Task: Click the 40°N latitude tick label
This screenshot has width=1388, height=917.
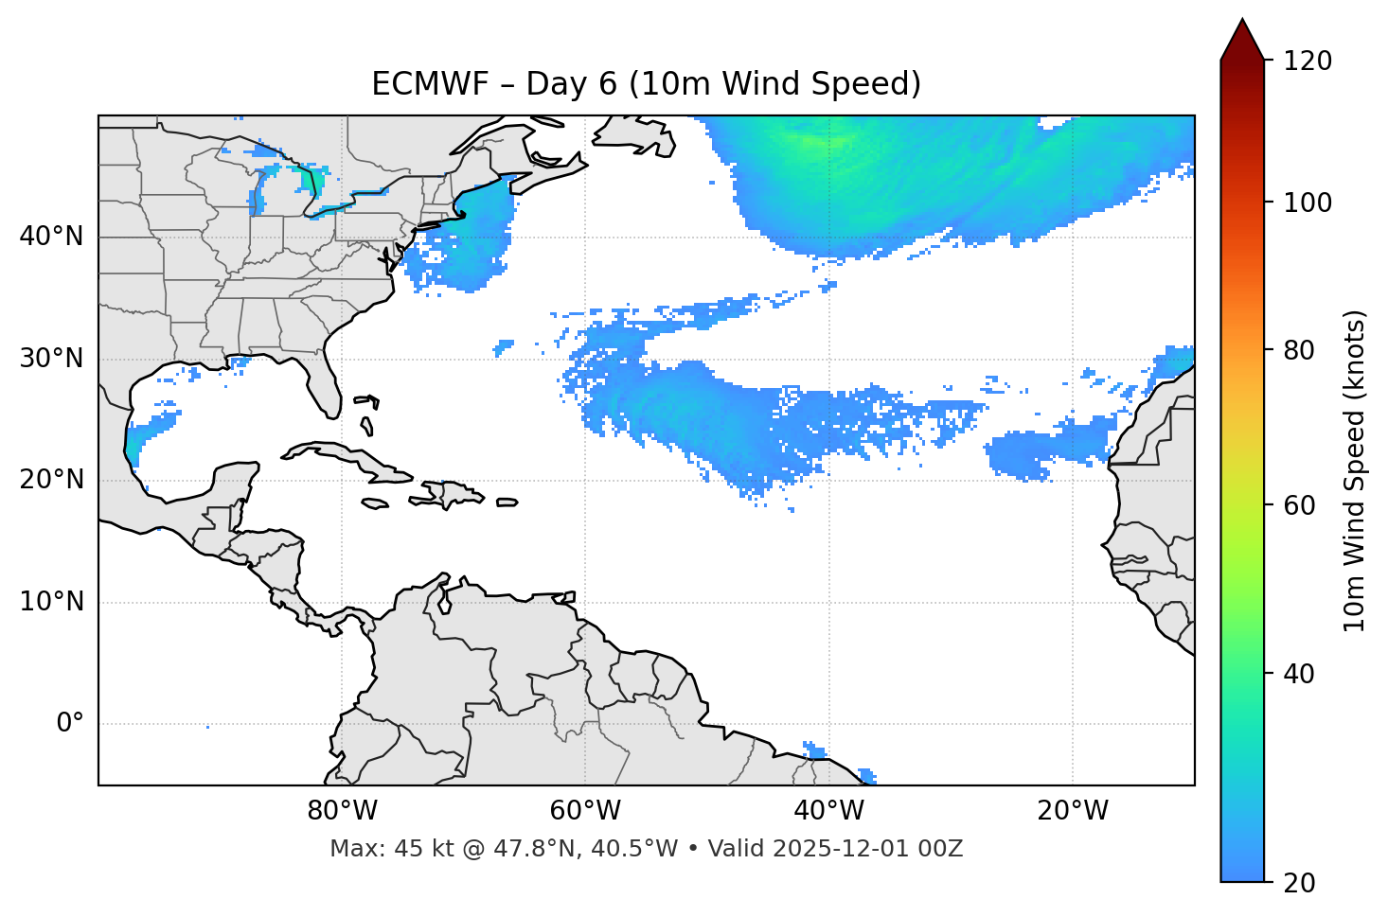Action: (51, 237)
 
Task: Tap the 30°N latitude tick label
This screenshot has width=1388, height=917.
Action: (51, 359)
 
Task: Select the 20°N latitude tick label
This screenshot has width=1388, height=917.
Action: (51, 480)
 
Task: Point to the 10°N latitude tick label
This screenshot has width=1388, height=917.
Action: (51, 602)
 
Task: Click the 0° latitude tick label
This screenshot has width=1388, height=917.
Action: (70, 724)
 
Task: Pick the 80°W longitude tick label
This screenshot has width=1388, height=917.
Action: (342, 811)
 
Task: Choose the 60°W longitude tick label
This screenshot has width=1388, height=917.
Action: (585, 811)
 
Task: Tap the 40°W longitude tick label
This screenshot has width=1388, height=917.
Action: (829, 811)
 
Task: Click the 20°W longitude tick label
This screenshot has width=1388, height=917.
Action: (1073, 811)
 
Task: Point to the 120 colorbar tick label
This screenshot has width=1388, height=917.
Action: (1308, 62)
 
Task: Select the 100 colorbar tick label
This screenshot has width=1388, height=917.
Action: (1308, 203)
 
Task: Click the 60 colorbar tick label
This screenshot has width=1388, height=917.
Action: (1301, 505)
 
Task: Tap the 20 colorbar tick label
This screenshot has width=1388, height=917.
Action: (1301, 883)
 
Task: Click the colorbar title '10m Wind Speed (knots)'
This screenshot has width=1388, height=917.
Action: (1355, 470)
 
